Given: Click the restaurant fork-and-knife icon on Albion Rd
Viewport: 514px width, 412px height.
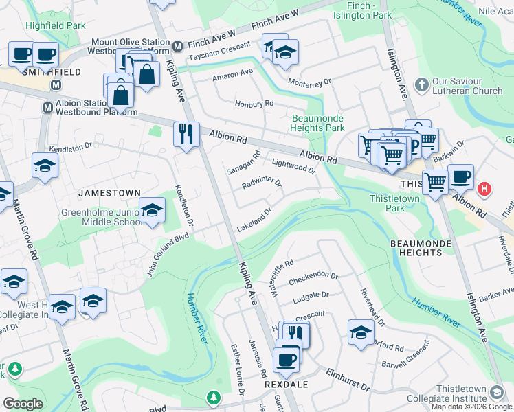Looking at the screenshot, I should [186, 134].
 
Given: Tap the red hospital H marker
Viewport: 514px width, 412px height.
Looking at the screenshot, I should [484, 189].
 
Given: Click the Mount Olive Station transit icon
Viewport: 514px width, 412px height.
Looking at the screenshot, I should [177, 47].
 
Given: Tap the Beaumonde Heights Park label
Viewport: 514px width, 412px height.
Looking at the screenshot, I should [317, 123].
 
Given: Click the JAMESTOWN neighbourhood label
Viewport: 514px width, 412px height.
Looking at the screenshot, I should [109, 193].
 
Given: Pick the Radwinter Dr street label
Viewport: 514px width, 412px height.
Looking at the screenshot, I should [262, 184].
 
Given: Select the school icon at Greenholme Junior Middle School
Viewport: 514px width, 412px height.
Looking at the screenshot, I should [152, 209].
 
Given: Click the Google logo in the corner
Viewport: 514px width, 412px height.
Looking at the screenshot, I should [23, 404].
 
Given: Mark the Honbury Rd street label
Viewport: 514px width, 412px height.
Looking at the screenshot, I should [254, 103].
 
